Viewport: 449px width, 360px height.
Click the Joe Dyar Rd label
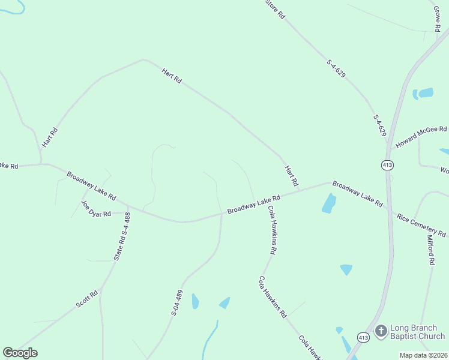[96, 208]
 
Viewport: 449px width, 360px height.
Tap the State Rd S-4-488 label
[122, 236]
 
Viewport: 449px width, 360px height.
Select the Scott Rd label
[86, 299]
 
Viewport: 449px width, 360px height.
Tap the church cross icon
[381, 331]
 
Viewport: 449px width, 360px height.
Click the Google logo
[20, 353]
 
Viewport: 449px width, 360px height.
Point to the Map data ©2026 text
[424, 355]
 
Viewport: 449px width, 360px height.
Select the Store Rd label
[275, 9]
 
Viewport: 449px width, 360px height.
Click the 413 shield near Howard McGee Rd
[387, 164]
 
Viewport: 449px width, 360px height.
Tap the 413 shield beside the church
[363, 337]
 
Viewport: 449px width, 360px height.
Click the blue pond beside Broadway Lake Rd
[328, 204]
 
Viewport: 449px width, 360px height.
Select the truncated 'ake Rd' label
[9, 166]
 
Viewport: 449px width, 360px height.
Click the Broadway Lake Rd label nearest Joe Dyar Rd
[91, 187]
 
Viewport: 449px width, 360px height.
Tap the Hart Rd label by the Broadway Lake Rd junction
[291, 176]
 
